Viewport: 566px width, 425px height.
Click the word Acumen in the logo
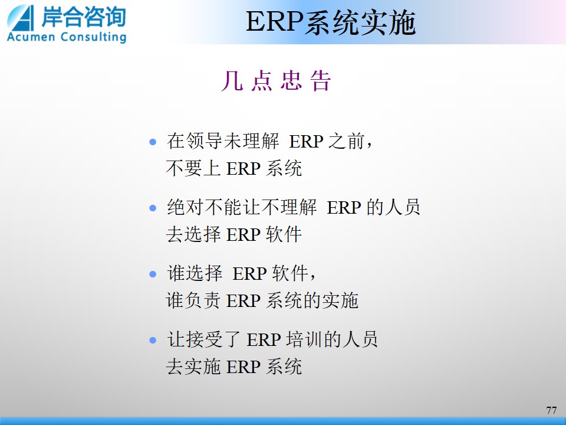coord(31,37)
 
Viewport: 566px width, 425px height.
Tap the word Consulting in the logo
coord(94,37)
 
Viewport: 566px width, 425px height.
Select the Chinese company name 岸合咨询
coord(83,17)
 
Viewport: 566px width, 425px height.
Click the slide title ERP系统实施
coord(331,22)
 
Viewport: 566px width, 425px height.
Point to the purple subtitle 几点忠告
coord(276,80)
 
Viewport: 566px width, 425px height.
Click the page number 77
coord(551,410)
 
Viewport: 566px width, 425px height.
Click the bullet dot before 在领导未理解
coord(153,142)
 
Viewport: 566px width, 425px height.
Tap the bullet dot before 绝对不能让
coord(153,208)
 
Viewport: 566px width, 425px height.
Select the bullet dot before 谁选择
coord(153,274)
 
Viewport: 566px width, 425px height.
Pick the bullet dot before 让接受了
coord(153,341)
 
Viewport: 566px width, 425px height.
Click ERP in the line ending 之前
coord(306,141)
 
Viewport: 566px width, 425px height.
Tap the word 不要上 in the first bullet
coord(193,168)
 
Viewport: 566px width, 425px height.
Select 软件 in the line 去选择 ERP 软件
coord(284,234)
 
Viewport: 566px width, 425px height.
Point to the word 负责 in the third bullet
coord(202,300)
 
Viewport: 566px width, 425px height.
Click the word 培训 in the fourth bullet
coord(304,340)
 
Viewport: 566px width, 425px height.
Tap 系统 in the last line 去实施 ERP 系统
coord(284,367)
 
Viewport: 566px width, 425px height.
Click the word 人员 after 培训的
coord(360,340)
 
